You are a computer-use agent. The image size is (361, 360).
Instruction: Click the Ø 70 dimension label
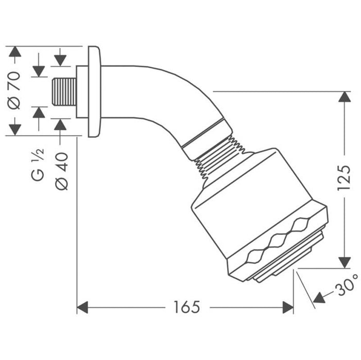coord(14,90)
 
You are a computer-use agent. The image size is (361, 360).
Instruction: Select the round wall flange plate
coord(94,92)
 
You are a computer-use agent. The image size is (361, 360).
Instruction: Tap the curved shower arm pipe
coord(154,87)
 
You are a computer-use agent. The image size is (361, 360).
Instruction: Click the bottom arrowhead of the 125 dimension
coord(344,262)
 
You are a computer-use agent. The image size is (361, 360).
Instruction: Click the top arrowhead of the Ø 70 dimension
coord(15,52)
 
